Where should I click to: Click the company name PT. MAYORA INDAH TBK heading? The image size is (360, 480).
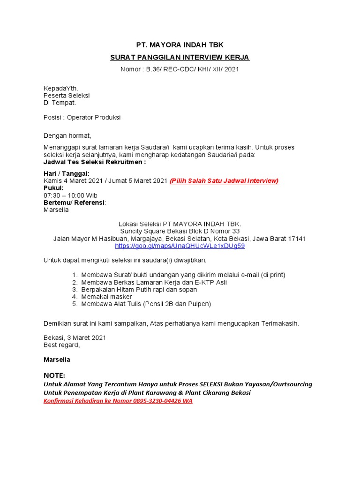point(180,45)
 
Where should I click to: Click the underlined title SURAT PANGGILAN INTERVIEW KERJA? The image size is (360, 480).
point(180,58)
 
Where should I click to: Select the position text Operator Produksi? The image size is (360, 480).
point(94,117)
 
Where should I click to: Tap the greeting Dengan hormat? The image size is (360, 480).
point(67,135)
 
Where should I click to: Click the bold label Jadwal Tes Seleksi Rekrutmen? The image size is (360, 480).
point(95,162)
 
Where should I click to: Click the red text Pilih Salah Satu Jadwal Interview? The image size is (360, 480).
point(224,181)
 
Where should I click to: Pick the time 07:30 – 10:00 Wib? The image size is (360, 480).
point(70,195)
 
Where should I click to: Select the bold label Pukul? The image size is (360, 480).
point(53,188)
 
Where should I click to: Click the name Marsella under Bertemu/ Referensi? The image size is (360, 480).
point(56,210)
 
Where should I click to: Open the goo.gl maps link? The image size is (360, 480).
point(180,246)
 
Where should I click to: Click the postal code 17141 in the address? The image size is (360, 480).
point(296,239)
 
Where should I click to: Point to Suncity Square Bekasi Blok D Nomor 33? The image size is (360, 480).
point(180,231)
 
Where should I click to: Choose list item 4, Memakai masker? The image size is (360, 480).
point(106,297)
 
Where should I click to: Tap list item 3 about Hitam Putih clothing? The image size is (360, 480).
point(139,290)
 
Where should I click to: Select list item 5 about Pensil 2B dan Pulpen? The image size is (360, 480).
point(146,304)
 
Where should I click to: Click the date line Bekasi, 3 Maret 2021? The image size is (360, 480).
point(75,337)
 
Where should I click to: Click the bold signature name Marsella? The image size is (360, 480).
point(57,360)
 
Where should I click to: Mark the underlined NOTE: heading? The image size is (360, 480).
point(54,375)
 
